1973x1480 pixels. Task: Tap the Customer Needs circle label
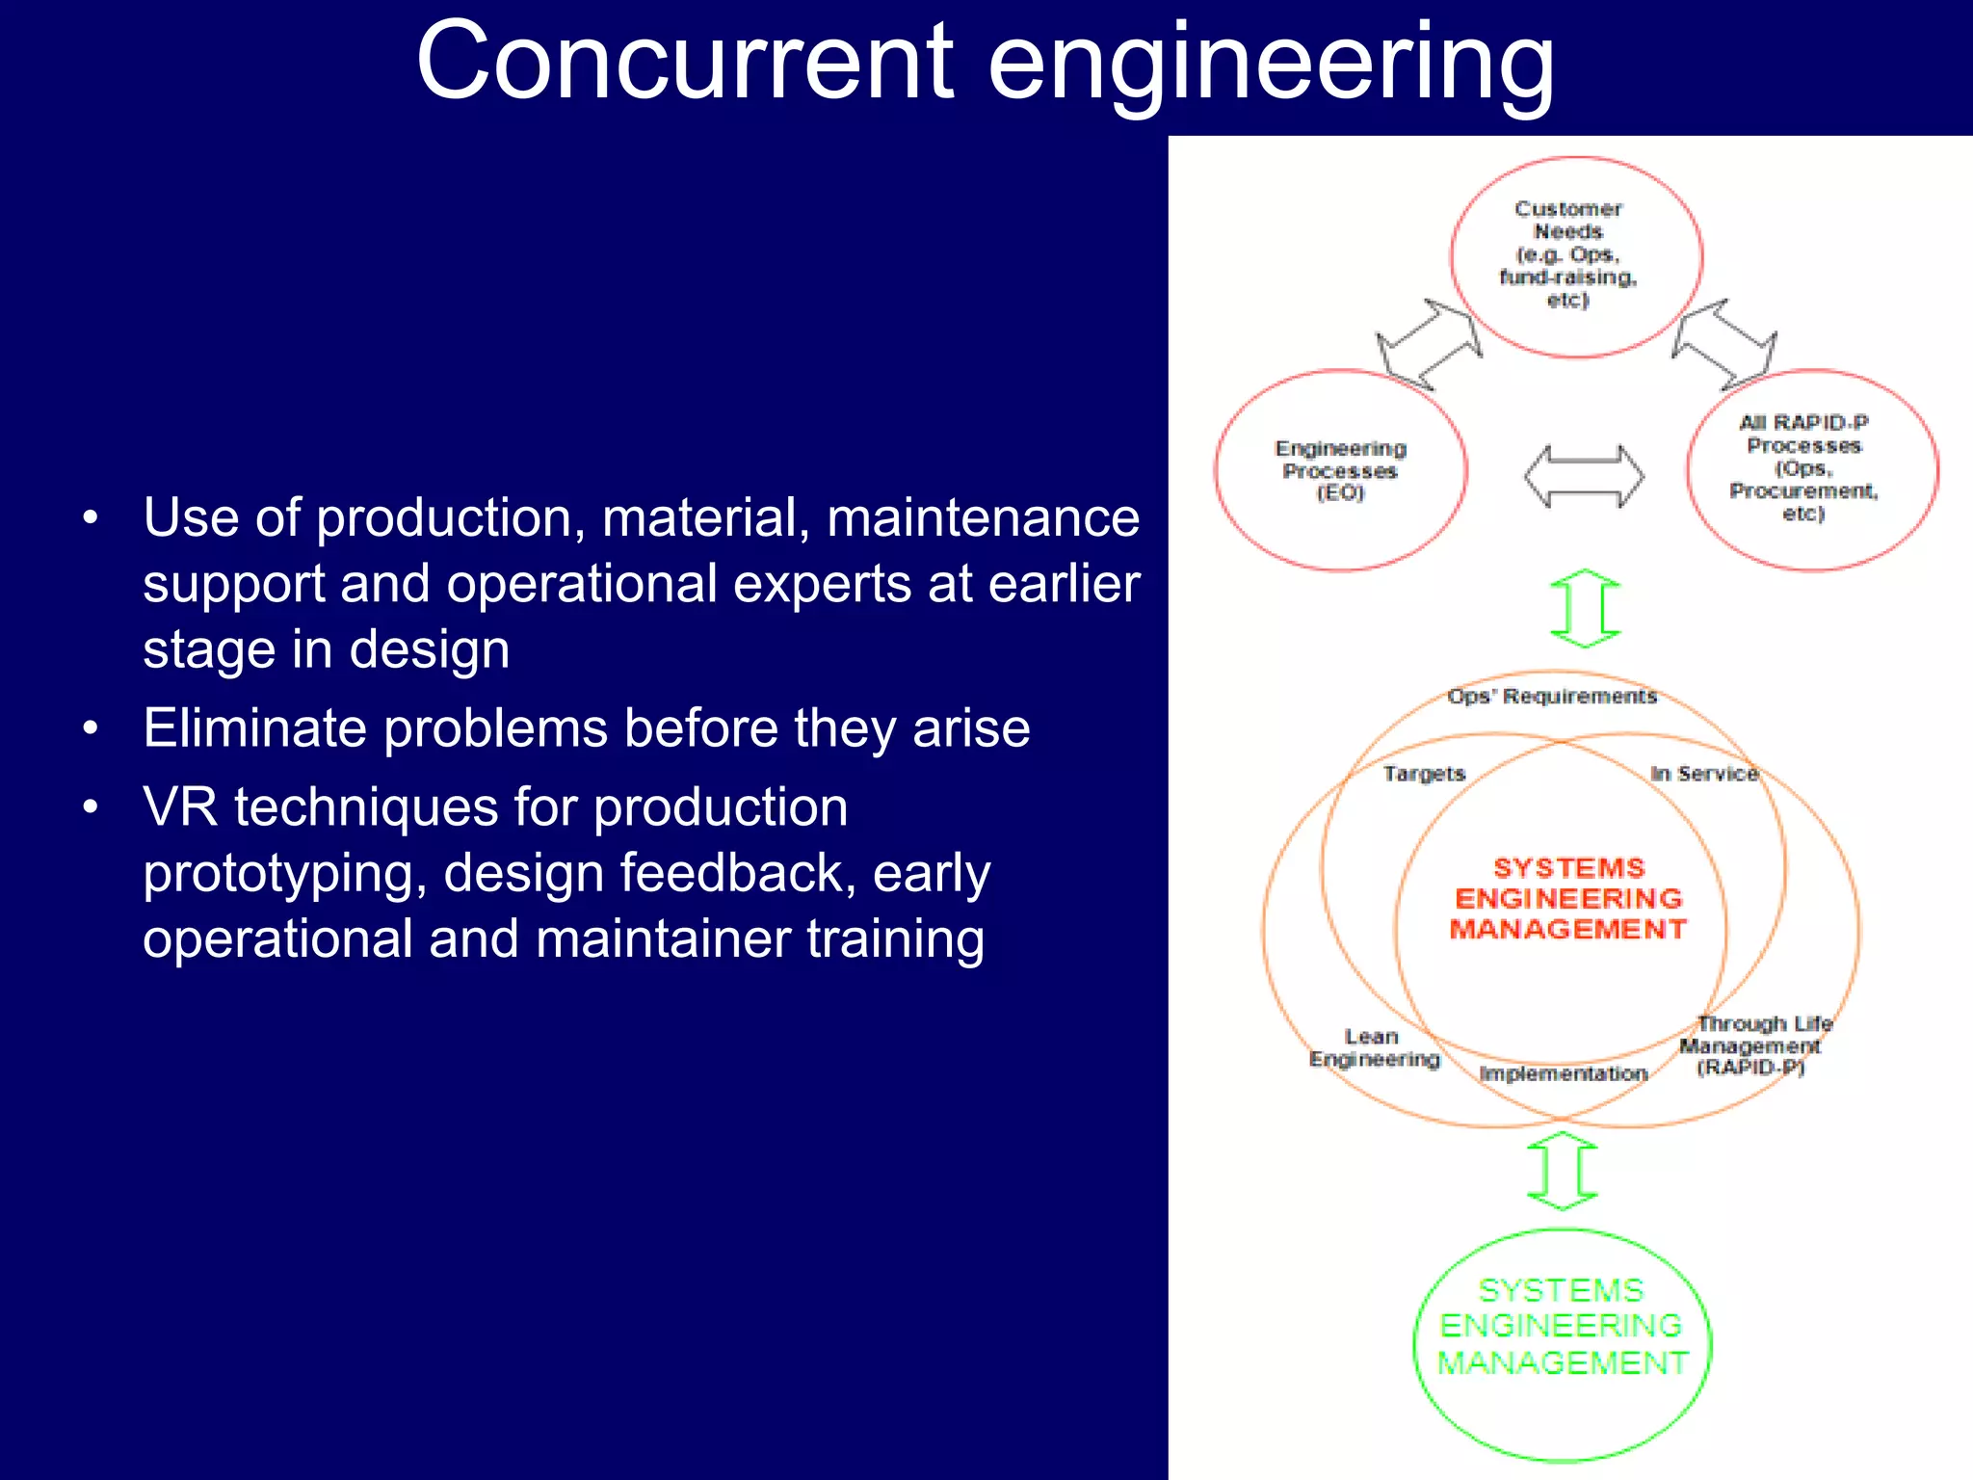(1567, 253)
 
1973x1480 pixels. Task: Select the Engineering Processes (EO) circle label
(1340, 470)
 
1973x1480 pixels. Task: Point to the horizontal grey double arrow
(1584, 476)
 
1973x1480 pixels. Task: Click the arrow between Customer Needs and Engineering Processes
(1430, 344)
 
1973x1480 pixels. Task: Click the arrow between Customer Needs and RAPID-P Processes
(1724, 344)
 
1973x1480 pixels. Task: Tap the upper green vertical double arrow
(1586, 608)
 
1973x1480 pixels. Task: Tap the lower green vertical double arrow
(1563, 1171)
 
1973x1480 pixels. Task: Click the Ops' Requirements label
(1552, 697)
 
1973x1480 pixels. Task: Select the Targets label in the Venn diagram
(1424, 774)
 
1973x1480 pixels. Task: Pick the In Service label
(1704, 774)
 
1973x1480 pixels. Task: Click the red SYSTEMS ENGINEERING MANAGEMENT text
(1568, 898)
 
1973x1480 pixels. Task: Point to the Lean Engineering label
(1374, 1047)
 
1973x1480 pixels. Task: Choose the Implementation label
(1563, 1073)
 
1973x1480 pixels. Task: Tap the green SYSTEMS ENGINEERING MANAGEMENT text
(1562, 1327)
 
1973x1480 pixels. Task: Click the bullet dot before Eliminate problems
(91, 728)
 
